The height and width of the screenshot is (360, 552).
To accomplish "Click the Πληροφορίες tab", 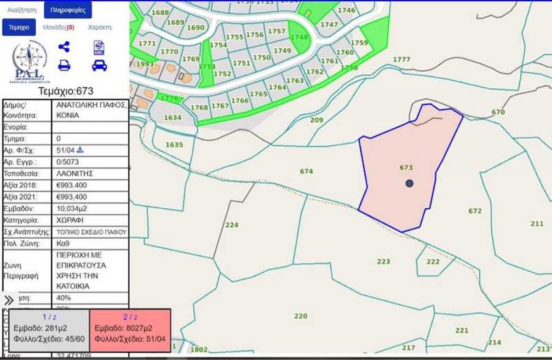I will click(68, 10).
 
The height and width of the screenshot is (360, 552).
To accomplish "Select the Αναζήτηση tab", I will click(22, 10).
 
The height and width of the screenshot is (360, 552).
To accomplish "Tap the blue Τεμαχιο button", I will click(19, 27).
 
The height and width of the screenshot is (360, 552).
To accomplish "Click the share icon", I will click(64, 47).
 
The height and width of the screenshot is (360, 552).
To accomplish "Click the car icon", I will click(99, 66).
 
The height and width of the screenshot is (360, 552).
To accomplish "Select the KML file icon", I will click(99, 48).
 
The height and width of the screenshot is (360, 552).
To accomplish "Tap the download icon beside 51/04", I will click(80, 150).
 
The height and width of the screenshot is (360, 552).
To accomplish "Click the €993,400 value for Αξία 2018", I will click(71, 185).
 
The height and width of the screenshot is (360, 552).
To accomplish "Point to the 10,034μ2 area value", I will click(72, 209).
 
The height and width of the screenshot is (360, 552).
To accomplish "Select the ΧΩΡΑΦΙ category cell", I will click(70, 220).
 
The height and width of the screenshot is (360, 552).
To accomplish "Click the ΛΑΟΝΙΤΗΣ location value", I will click(75, 174).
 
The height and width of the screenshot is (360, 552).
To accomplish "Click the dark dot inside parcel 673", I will click(409, 183).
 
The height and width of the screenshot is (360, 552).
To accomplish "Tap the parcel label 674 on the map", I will click(306, 171).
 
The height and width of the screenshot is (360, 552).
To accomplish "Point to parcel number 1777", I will click(401, 59).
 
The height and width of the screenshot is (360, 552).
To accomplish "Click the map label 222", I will click(433, 262).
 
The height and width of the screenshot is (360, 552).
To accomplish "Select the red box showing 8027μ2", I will click(130, 331).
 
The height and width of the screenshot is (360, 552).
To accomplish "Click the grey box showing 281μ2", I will click(49, 331).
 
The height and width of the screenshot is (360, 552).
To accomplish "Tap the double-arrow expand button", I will click(9, 301).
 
